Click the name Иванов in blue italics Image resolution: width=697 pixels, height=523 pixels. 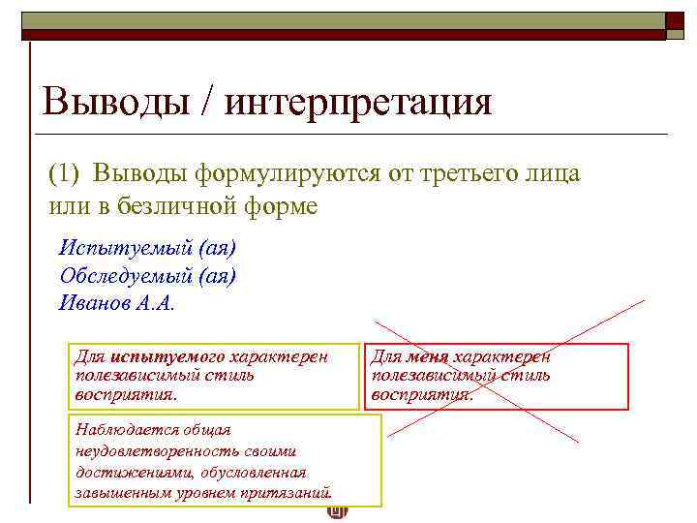[x=93, y=302]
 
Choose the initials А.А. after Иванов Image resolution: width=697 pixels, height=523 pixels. [x=154, y=302]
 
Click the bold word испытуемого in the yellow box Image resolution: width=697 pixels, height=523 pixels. [x=167, y=357]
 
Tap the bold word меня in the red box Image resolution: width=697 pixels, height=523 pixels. [x=429, y=357]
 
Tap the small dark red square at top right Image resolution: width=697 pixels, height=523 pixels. [x=675, y=20]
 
